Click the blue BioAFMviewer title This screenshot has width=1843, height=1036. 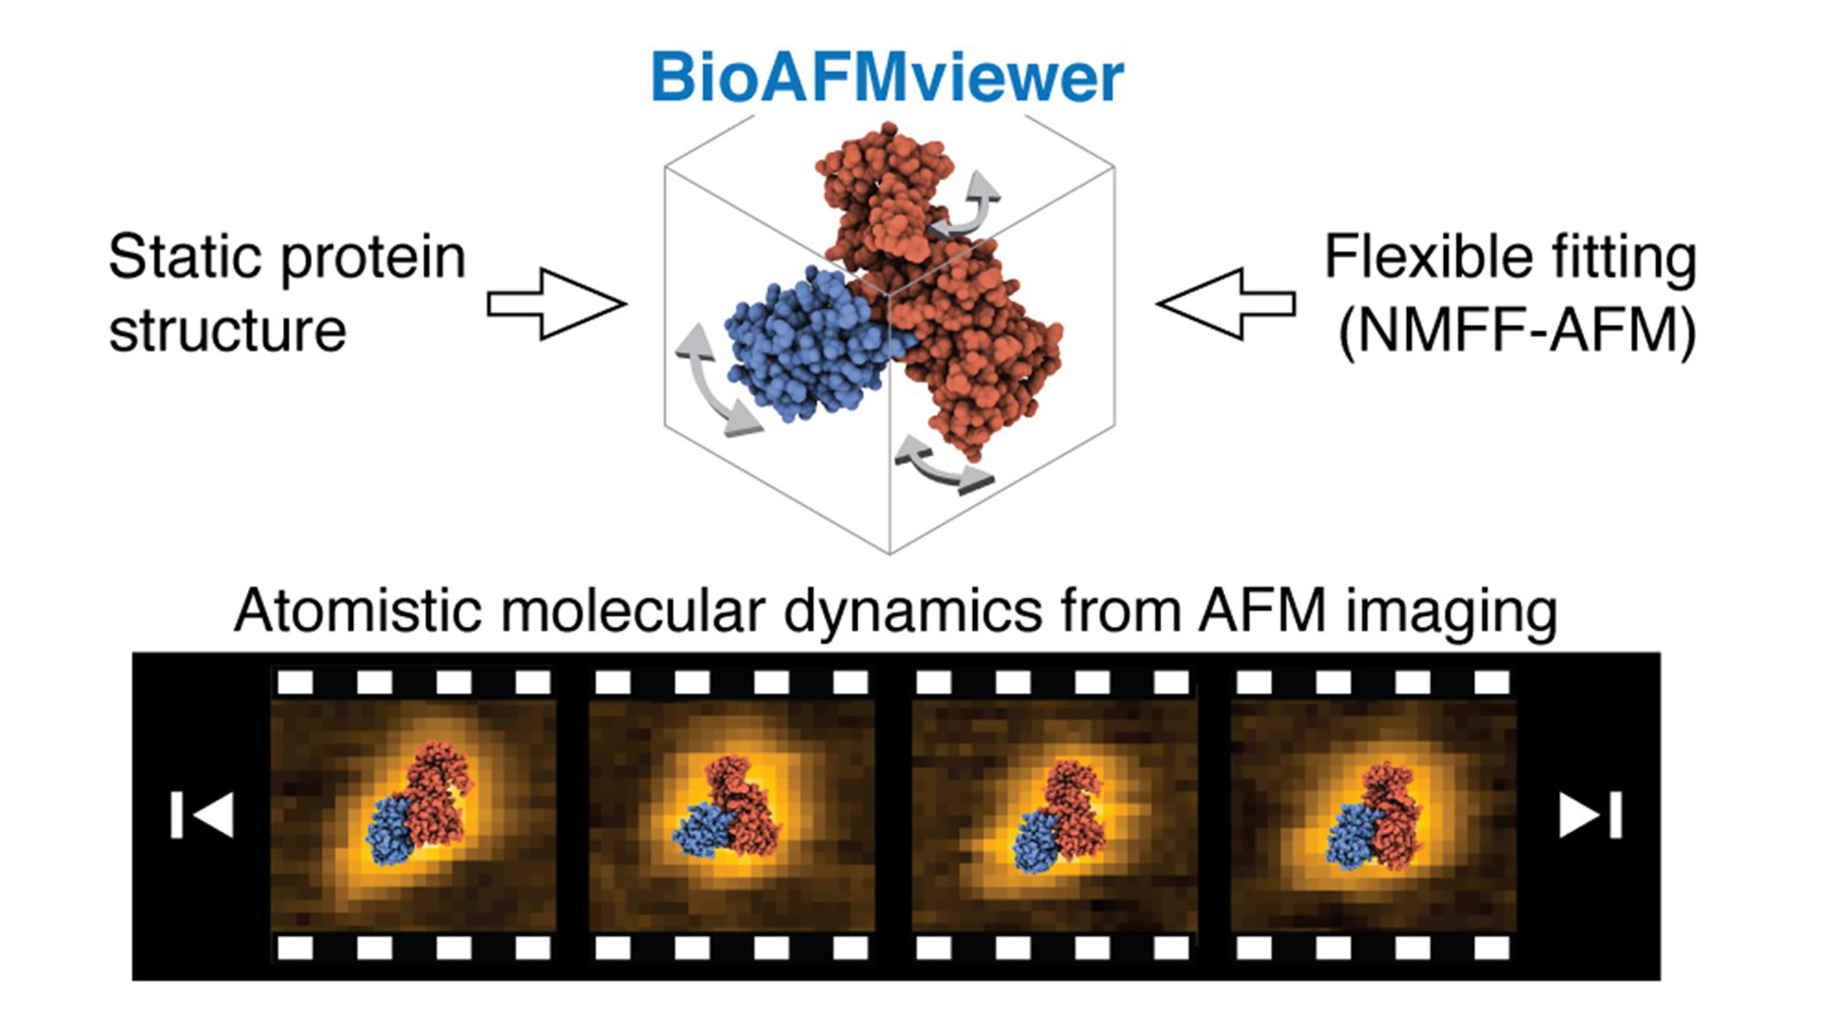pyautogui.click(x=887, y=79)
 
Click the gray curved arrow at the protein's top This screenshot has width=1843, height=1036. pyautogui.click(x=969, y=208)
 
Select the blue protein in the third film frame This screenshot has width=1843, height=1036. pyautogui.click(x=1038, y=844)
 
